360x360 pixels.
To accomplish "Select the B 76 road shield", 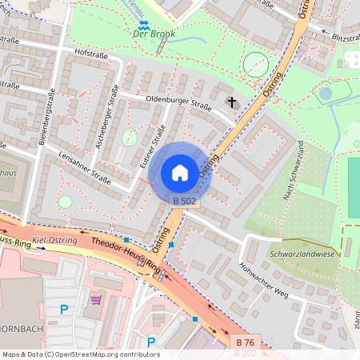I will (246, 342).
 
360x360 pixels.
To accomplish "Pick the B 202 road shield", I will (246, 353).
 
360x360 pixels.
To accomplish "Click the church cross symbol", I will (233, 102).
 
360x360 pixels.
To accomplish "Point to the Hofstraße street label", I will (90, 53).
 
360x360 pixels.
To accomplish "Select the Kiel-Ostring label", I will (54, 240).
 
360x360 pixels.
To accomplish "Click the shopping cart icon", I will (97, 300).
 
